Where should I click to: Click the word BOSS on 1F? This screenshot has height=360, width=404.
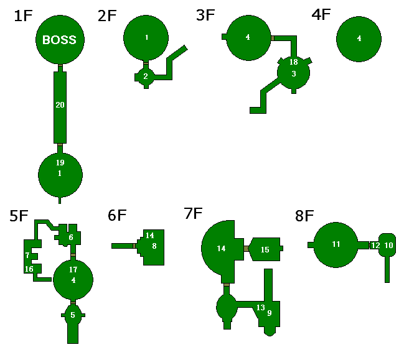[59, 40]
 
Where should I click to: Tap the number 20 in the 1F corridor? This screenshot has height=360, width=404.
[60, 104]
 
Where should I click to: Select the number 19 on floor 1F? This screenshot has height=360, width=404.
[60, 163]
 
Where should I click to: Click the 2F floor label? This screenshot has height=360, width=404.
[107, 16]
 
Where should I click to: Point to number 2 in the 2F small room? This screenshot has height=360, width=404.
[146, 76]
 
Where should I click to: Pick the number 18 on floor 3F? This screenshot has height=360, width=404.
[294, 62]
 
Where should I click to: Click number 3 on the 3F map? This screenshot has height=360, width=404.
[294, 73]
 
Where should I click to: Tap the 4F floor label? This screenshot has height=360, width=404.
[321, 16]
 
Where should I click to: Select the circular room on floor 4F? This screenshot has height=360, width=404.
[359, 39]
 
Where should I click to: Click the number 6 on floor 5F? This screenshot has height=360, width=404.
[71, 238]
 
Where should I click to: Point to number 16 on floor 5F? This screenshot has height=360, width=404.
[29, 269]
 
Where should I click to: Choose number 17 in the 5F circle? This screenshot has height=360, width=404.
[73, 269]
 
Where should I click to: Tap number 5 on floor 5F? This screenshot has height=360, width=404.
[73, 315]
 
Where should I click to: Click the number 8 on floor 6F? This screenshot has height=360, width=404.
[154, 246]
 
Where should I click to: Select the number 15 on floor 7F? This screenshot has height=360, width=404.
[265, 249]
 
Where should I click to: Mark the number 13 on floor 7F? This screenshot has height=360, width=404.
[261, 308]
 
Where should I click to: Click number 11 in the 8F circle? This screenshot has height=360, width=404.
[336, 244]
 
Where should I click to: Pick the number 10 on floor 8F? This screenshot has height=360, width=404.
[388, 246]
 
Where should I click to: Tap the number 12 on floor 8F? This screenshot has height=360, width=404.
[375, 246]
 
